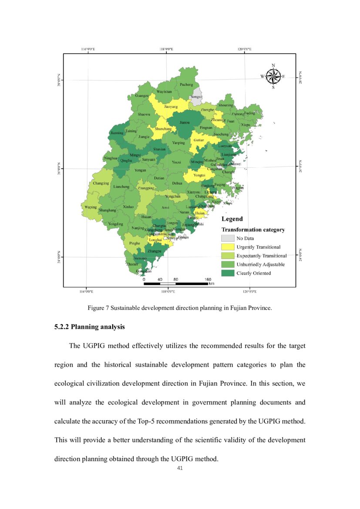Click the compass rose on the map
point(273,77)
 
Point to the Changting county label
point(101,183)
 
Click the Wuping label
point(91,207)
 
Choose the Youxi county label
point(176,162)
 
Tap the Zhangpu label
point(155,251)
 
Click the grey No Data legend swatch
point(227,238)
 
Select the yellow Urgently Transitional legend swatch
point(227,247)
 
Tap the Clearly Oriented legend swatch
point(227,273)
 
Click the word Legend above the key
point(232,219)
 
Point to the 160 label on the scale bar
point(208,279)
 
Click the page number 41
point(180,468)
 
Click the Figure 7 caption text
point(180,308)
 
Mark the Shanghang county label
point(108,210)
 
